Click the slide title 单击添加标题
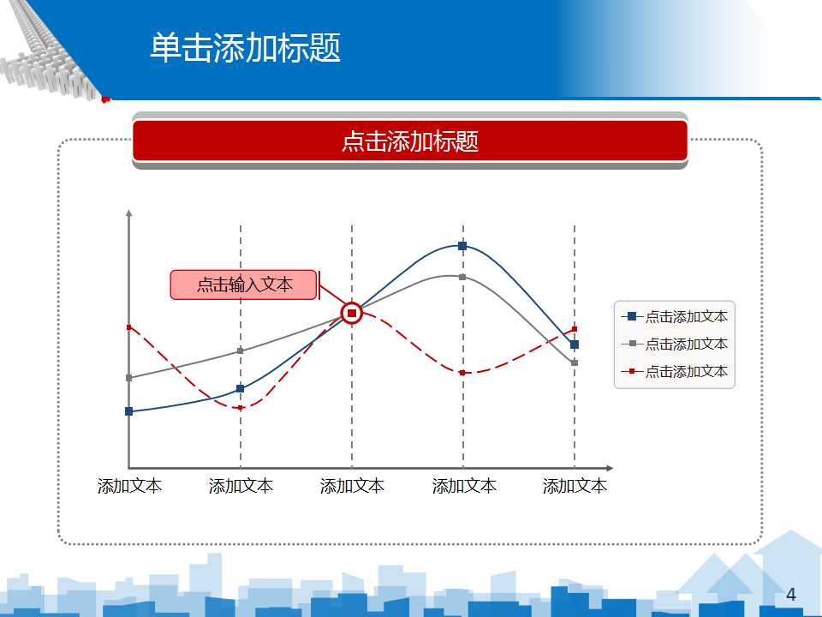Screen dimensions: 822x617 tap(246, 47)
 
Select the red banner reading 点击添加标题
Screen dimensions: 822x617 tap(409, 141)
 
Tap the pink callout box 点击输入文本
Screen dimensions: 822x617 tap(244, 285)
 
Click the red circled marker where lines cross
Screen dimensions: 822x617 tap(352, 314)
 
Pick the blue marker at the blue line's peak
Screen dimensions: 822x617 tap(462, 246)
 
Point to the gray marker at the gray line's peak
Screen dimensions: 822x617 tap(462, 277)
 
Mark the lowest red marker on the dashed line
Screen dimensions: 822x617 tap(241, 408)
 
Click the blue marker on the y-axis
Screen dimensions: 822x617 tap(129, 411)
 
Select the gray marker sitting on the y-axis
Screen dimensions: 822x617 tap(129, 378)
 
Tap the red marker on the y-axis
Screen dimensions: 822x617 tap(129, 327)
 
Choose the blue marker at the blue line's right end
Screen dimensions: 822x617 tap(575, 344)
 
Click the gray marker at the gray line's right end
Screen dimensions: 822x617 tap(575, 363)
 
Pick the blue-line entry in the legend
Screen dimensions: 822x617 tap(674, 316)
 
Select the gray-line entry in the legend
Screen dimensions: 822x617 tap(674, 344)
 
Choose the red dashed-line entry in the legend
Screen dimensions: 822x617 tap(674, 371)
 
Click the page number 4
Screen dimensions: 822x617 tap(790, 595)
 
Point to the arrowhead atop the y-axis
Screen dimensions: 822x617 tap(129, 213)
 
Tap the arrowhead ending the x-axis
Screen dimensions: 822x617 tap(610, 468)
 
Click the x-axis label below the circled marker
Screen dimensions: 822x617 tap(352, 486)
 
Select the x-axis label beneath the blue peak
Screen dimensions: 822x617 tap(464, 486)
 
